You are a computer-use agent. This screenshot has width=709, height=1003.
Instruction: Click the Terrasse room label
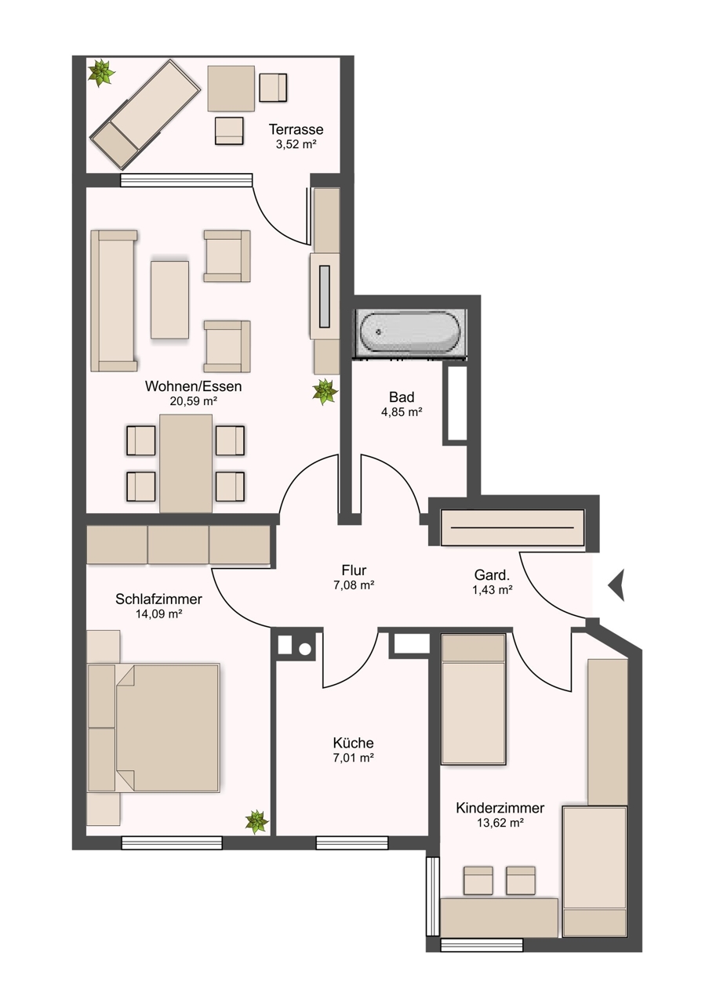pos(296,129)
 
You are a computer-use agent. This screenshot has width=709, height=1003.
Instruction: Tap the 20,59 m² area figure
pos(193,400)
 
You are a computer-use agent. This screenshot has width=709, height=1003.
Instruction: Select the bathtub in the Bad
pos(411,333)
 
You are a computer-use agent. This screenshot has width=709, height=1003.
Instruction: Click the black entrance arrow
pos(616,585)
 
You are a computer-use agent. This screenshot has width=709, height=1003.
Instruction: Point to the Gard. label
pos(492,574)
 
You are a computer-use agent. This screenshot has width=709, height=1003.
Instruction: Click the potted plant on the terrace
pos(101,73)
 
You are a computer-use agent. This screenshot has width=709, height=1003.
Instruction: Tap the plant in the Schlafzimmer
pos(256,822)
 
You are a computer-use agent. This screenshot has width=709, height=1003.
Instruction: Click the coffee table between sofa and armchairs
pos(169,300)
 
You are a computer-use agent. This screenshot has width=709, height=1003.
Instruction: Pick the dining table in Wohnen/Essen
pos(186,463)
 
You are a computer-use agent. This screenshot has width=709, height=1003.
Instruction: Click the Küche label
pos(353,743)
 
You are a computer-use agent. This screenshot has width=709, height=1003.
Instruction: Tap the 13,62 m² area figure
pos(500,823)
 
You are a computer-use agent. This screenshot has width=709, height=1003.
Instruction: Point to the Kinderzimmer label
pos(500,808)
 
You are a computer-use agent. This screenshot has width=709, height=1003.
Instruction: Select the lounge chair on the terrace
pos(145,115)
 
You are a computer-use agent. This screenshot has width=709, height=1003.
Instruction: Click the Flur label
pos(354,570)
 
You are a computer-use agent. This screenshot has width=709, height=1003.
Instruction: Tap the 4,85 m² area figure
pos(402,411)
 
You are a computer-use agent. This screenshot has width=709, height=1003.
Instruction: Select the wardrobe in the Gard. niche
pos(512,527)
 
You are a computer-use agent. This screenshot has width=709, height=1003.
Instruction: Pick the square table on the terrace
pos(231,89)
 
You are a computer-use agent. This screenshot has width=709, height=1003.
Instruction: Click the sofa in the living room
pos(114,301)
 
